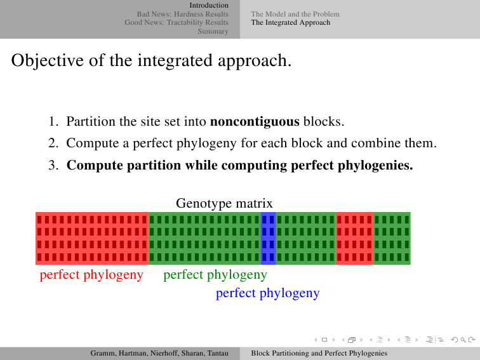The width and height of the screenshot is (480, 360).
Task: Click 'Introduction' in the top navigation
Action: point(209,5)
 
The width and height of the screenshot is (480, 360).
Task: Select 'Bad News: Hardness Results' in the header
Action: point(182,14)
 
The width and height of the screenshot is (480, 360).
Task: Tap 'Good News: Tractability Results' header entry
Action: point(177,22)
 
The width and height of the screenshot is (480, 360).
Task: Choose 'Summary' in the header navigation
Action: point(213,31)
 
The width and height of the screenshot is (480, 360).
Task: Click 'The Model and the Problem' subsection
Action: point(295,14)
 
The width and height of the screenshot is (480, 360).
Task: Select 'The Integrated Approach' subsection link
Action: point(291,22)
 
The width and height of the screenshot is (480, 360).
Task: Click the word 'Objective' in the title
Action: point(48,60)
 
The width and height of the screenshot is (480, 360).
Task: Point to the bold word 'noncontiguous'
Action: point(255,121)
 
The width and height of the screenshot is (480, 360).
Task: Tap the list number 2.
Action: point(53,143)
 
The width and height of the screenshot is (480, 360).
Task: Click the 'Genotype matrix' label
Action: point(224,203)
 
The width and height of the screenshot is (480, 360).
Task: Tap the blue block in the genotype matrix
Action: point(268,238)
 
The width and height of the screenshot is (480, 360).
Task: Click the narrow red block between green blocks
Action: point(354,238)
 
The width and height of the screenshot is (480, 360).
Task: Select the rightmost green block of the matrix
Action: point(392,238)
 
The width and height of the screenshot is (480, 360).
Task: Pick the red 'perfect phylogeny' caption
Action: point(91,275)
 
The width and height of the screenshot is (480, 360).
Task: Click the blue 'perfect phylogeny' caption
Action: point(267,293)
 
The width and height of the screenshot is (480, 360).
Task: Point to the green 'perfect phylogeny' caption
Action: point(215,275)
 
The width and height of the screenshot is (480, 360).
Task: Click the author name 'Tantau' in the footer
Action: point(218,353)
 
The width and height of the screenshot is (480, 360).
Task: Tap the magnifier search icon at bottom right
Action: point(463,340)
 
